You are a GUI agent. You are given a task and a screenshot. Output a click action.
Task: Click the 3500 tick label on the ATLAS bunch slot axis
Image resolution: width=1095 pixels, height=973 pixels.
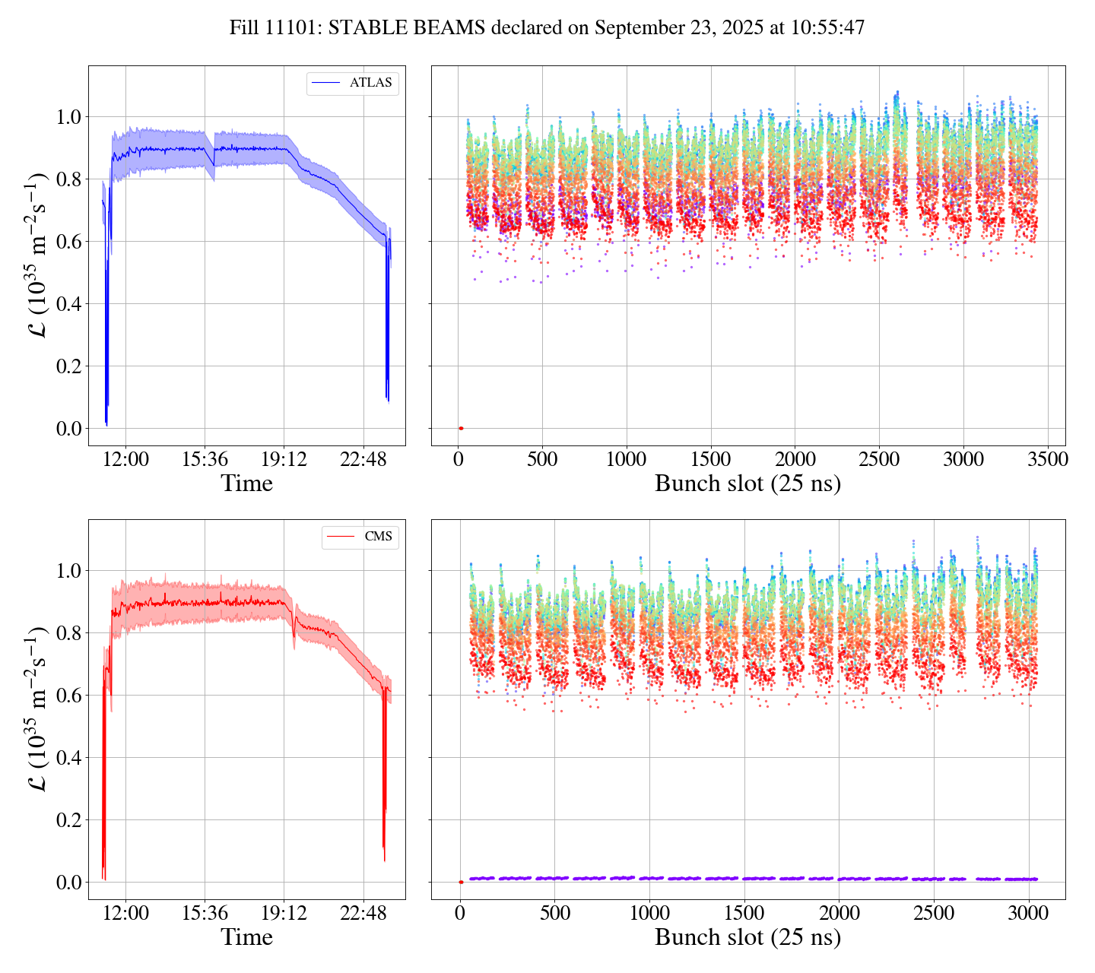(1047, 460)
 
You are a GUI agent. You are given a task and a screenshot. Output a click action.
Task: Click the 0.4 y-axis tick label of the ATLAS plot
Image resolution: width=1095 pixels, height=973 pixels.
(68, 304)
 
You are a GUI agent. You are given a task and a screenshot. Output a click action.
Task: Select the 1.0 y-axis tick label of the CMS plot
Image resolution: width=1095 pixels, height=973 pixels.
(68, 571)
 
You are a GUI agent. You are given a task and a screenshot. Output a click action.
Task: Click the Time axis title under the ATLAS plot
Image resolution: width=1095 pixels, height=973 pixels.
(247, 484)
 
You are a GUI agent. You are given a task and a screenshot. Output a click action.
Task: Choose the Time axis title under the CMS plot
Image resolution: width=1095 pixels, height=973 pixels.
(247, 938)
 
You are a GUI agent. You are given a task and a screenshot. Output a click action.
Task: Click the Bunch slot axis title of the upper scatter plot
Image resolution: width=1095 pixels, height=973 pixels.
(747, 484)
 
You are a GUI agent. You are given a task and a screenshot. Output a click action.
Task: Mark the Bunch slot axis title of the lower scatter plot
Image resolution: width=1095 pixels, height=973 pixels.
(747, 938)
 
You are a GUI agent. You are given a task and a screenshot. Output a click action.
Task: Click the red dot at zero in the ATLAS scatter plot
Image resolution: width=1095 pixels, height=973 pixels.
(461, 428)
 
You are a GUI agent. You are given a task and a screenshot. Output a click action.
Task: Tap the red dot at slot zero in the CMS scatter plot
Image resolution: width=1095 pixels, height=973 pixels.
(461, 882)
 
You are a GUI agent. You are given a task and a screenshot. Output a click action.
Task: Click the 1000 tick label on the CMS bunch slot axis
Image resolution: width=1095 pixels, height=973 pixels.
(649, 914)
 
